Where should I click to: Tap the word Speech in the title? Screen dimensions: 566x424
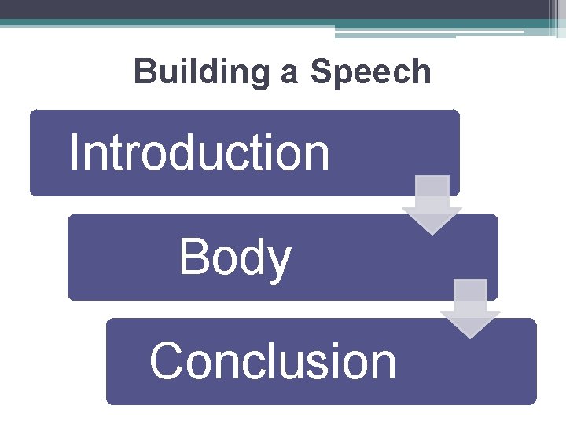371,72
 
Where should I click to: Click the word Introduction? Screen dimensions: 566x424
199,152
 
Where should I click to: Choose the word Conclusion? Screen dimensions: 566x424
273,361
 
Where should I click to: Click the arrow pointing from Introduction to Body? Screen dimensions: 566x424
432,203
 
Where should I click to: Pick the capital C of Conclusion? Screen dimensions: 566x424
166,361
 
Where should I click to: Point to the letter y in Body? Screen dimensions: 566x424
278,262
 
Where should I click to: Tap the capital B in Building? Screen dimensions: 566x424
144,72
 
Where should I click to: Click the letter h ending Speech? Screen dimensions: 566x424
422,72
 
